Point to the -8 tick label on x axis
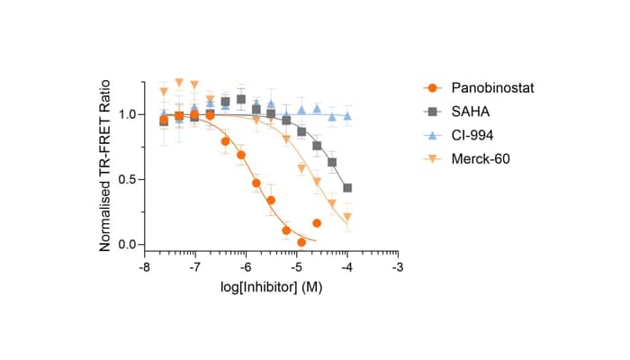pos(144,268)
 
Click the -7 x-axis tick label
pos(194,268)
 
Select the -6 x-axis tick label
pos(246,268)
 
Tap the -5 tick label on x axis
pos(296,268)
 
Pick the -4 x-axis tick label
pos(347,268)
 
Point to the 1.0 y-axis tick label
pos(127,114)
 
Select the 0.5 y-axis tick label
pos(127,180)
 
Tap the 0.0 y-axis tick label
pos(127,245)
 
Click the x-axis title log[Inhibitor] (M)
pos(271,288)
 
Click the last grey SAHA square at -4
pos(347,188)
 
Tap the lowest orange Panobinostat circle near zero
pos(301,242)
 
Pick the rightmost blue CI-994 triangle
pos(347,115)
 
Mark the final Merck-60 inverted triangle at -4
pos(347,217)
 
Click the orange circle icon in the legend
pos(433,88)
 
